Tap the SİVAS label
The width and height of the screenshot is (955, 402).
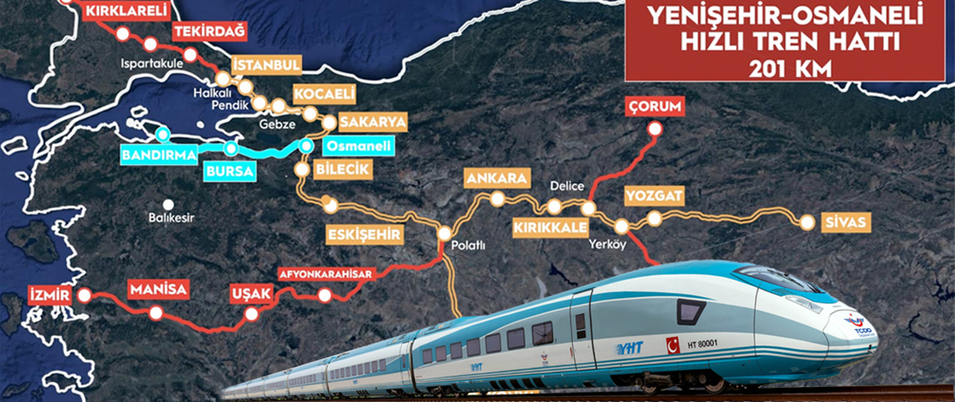pyautogui.click(x=846, y=222)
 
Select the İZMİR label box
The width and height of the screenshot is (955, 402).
pyautogui.click(x=51, y=295)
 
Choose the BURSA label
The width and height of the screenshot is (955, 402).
pyautogui.click(x=229, y=171)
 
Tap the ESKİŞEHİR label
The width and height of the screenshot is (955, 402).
pyautogui.click(x=364, y=234)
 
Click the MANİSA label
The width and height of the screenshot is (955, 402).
pyautogui.click(x=158, y=289)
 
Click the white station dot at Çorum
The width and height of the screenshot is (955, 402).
pyautogui.click(x=655, y=129)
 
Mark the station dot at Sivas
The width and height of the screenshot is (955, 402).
pyautogui.click(x=807, y=223)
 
